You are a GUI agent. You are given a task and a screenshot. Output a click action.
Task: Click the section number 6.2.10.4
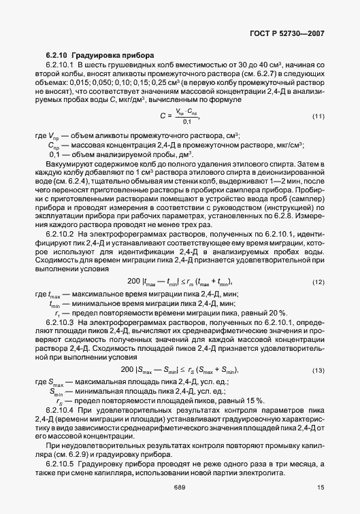point(62,409)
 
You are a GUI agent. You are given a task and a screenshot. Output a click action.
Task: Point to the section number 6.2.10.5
point(62,463)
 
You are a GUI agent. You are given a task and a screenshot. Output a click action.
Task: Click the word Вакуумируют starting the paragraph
point(67,165)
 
